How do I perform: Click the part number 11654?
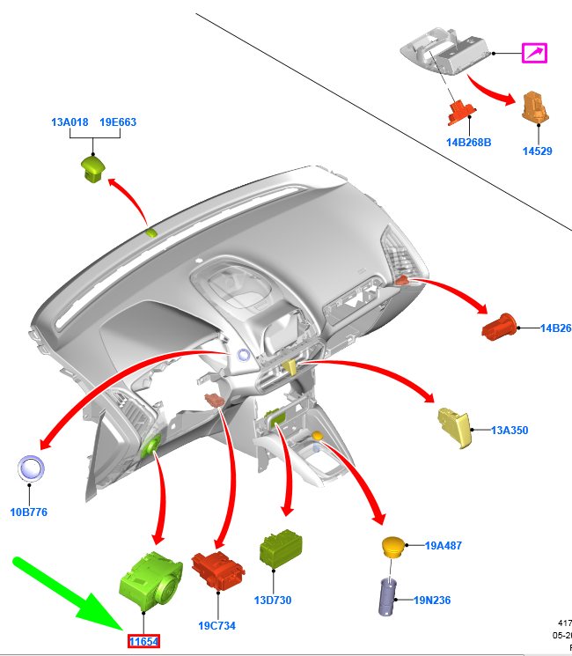click(x=143, y=641)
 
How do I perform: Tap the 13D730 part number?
click(x=273, y=601)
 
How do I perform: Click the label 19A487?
click(x=443, y=546)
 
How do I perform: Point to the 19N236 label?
click(x=432, y=601)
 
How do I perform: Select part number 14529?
click(x=537, y=151)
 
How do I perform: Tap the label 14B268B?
click(x=468, y=142)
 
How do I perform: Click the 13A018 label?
click(x=70, y=123)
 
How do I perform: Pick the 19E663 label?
click(x=117, y=123)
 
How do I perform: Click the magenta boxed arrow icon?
click(x=534, y=53)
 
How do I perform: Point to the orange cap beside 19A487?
click(x=393, y=547)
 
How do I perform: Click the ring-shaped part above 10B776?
click(x=33, y=469)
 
